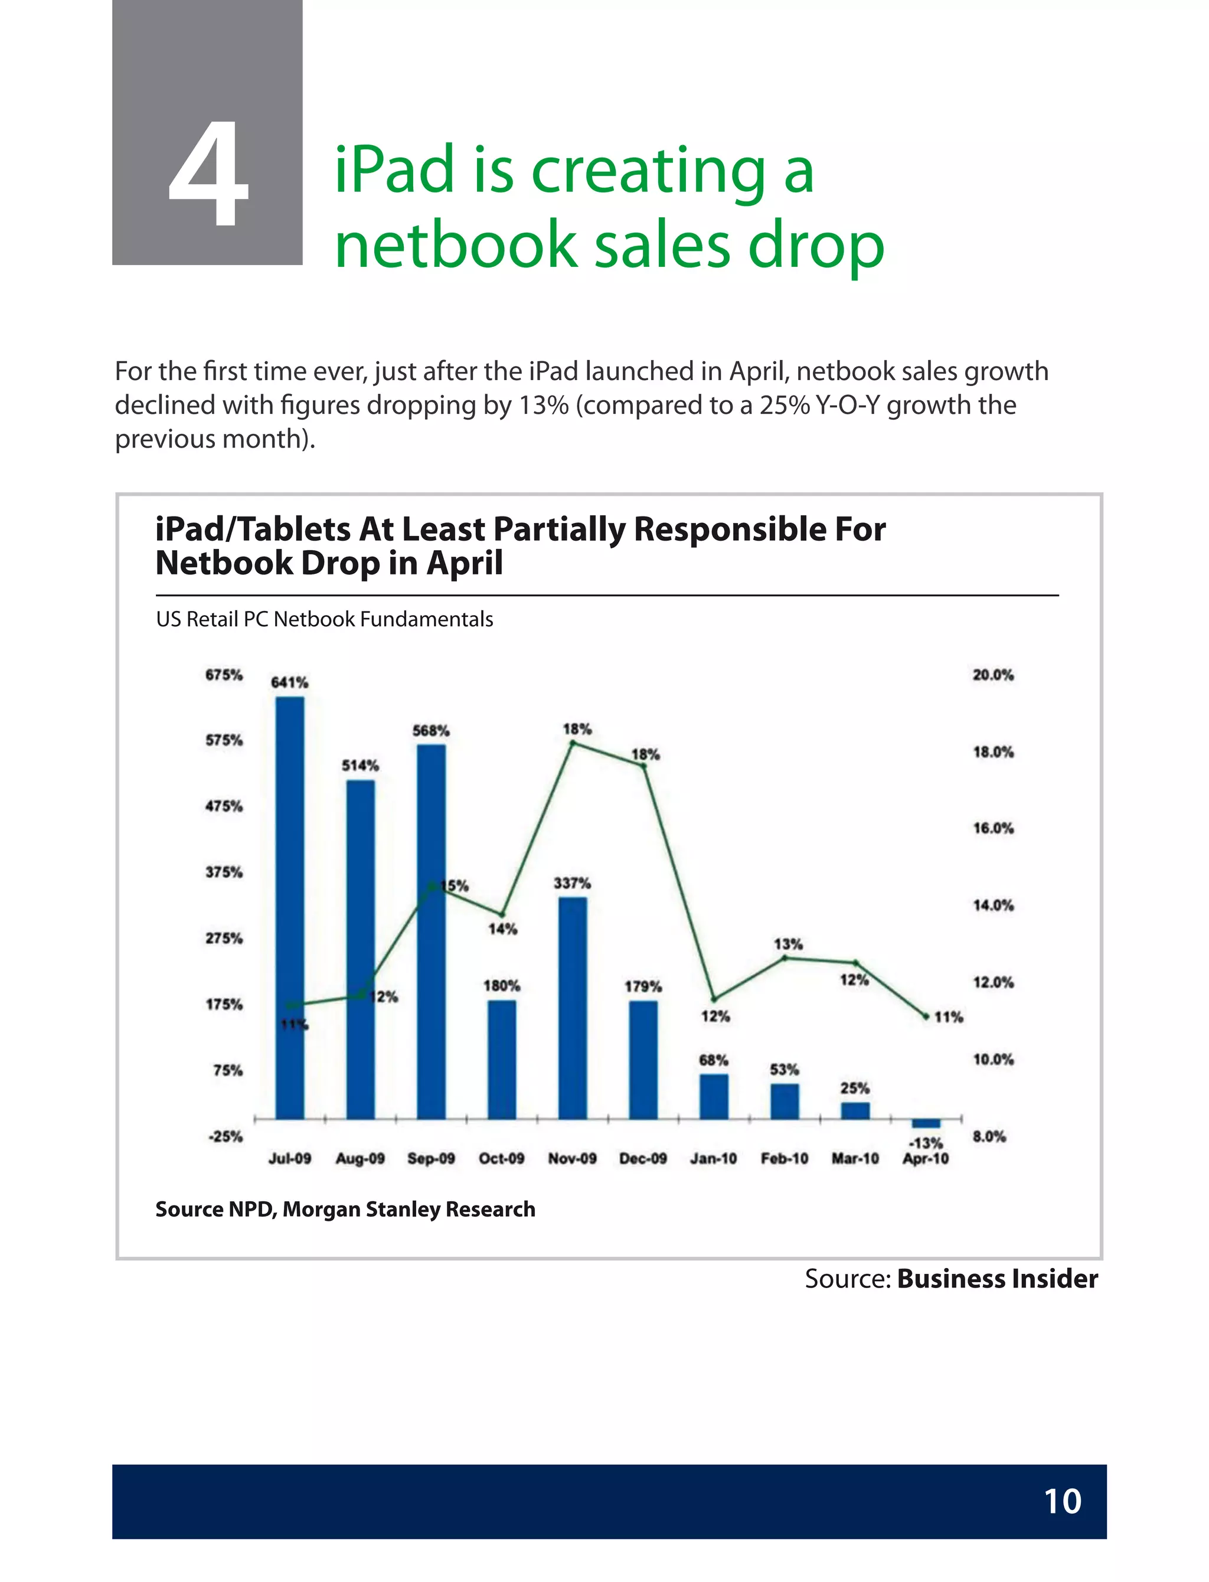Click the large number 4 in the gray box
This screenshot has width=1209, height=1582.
208,174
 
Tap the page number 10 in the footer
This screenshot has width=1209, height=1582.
1061,1502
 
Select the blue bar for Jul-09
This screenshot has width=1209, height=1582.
289,907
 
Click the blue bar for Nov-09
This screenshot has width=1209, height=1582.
572,1007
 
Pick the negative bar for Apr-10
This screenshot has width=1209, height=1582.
926,1123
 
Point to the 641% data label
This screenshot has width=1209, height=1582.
289,682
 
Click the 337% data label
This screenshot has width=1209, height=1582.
572,882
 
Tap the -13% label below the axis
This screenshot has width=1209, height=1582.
926,1142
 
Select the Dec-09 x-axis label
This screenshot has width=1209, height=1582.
643,1158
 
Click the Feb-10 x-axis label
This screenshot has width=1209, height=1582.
785,1158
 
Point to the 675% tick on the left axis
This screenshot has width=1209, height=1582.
224,675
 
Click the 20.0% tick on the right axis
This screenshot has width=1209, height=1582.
993,675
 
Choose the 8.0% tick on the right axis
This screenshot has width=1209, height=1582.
989,1136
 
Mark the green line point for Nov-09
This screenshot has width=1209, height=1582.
573,743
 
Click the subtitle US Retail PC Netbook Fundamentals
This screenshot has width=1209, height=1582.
325,619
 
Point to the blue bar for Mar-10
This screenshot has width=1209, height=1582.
855,1110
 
